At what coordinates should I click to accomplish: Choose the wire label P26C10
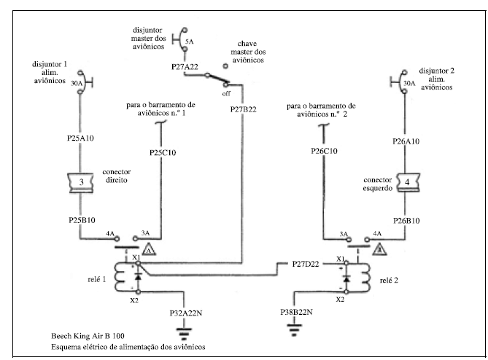(322, 152)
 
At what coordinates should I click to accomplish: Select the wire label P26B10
(406, 219)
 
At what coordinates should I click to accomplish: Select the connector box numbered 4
(407, 181)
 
